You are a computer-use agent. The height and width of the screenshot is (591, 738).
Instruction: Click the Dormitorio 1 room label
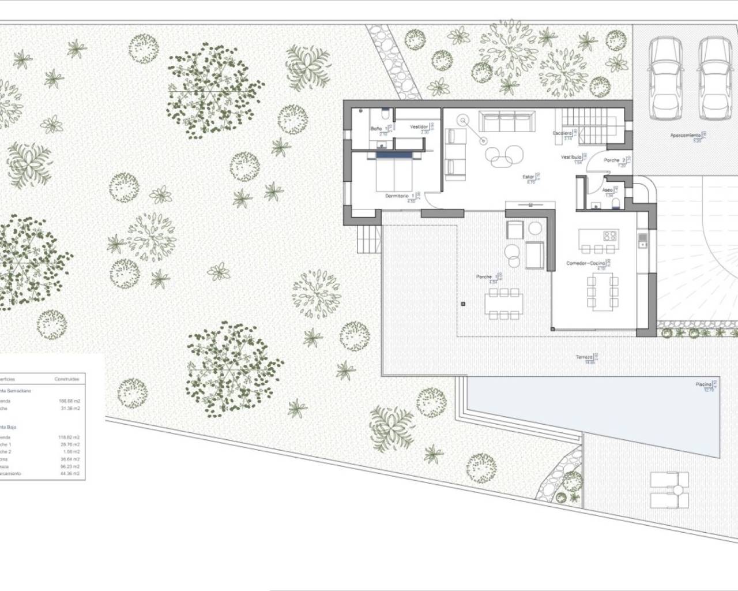point(400,196)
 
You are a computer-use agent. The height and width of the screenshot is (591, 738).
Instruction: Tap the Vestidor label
point(419,126)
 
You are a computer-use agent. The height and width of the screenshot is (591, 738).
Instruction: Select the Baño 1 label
point(376,128)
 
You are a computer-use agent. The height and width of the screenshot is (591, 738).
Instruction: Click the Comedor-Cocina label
point(585,263)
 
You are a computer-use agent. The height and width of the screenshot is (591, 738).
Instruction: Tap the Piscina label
point(703,384)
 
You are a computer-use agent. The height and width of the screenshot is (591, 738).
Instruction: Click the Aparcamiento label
point(686,135)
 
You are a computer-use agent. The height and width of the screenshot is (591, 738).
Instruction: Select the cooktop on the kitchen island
point(610,235)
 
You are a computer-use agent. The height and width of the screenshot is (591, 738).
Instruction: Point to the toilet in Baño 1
point(385,113)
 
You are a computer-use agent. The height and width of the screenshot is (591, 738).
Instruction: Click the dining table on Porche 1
point(504,303)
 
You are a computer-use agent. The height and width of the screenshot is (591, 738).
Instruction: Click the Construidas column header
point(67,379)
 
